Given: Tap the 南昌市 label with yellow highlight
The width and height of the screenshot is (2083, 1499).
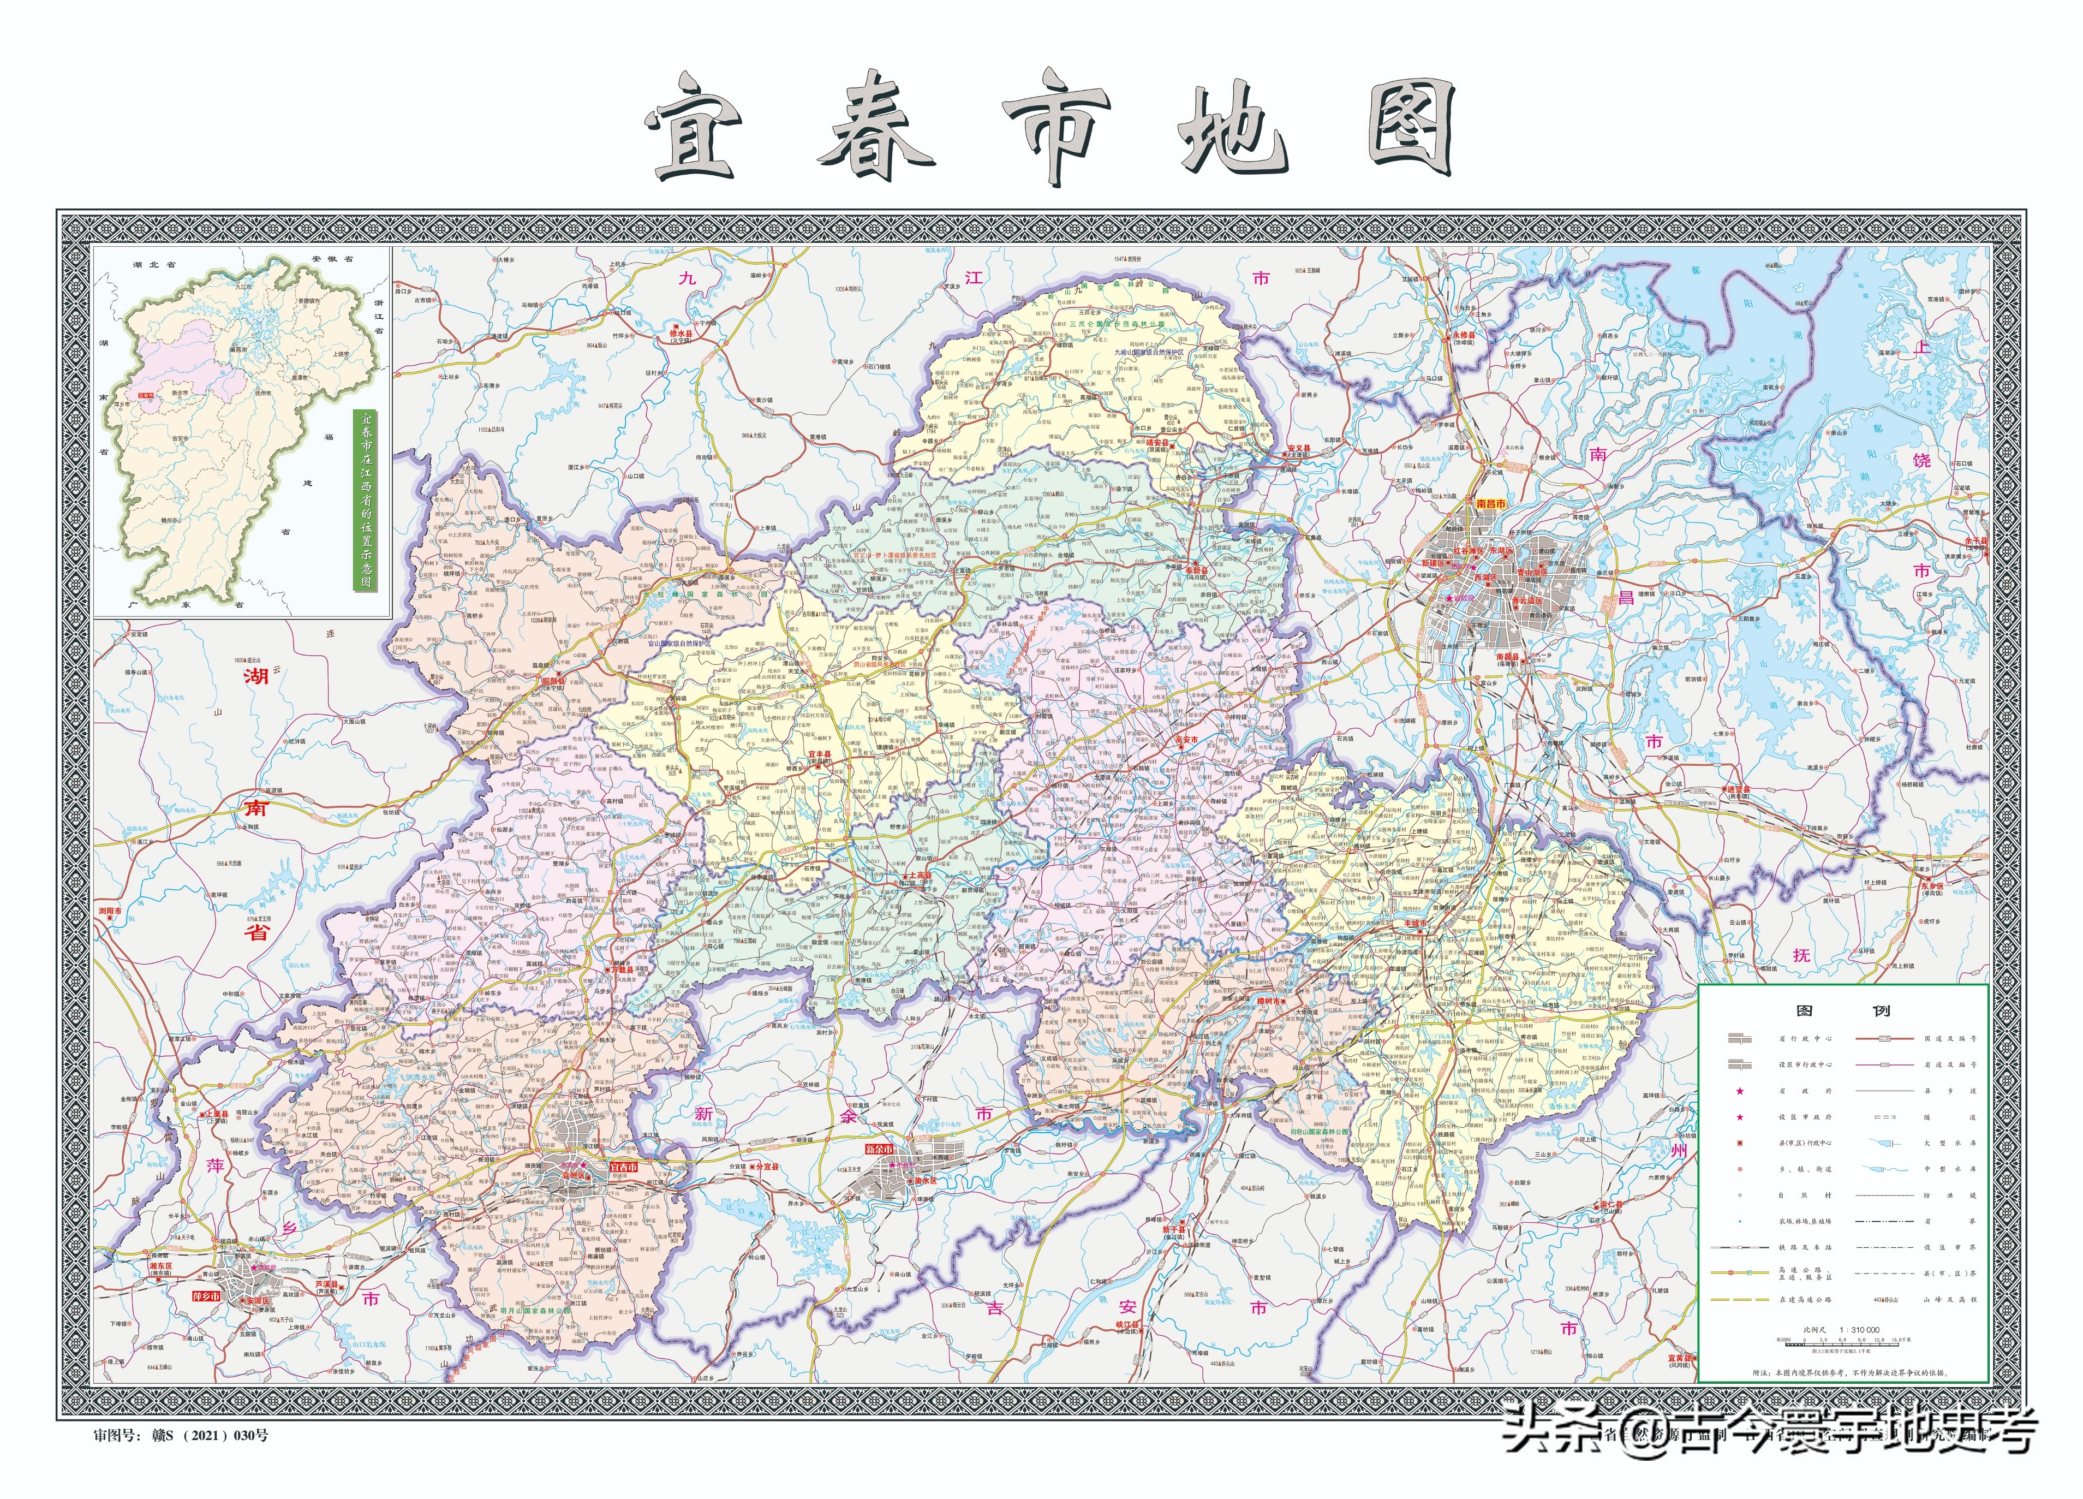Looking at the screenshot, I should click(1490, 504).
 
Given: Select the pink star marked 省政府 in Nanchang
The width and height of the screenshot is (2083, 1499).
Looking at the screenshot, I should click(1450, 598).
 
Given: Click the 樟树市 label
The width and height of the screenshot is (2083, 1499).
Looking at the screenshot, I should click(1271, 1000).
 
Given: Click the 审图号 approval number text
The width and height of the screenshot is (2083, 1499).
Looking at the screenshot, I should click(181, 1434).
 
